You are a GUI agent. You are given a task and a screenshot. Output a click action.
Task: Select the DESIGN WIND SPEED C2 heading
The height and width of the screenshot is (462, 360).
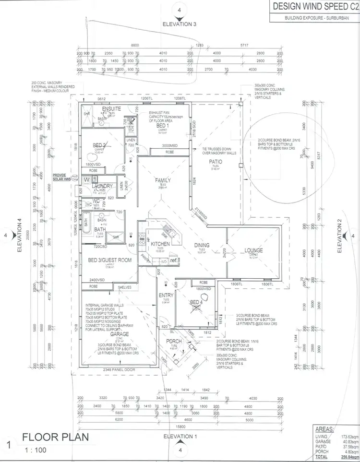[313, 7]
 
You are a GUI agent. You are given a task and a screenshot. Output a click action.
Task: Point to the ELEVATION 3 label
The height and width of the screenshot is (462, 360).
[180, 24]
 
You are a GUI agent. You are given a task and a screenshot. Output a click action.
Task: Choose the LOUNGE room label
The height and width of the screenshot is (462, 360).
[253, 250]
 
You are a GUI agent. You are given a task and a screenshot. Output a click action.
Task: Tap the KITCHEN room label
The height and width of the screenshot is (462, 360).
[161, 244]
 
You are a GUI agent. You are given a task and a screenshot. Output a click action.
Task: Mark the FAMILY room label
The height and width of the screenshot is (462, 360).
[163, 180]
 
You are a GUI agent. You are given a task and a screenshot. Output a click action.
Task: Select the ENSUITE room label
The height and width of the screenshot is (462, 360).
[111, 109]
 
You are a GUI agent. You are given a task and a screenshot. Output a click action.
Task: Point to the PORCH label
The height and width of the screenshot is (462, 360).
[174, 341]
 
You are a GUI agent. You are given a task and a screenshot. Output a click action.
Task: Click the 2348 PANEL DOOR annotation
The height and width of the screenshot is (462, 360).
[118, 369]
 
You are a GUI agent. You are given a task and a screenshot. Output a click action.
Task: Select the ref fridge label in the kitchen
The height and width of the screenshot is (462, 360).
[174, 260]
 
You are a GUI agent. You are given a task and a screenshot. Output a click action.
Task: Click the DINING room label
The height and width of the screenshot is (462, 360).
[202, 245]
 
